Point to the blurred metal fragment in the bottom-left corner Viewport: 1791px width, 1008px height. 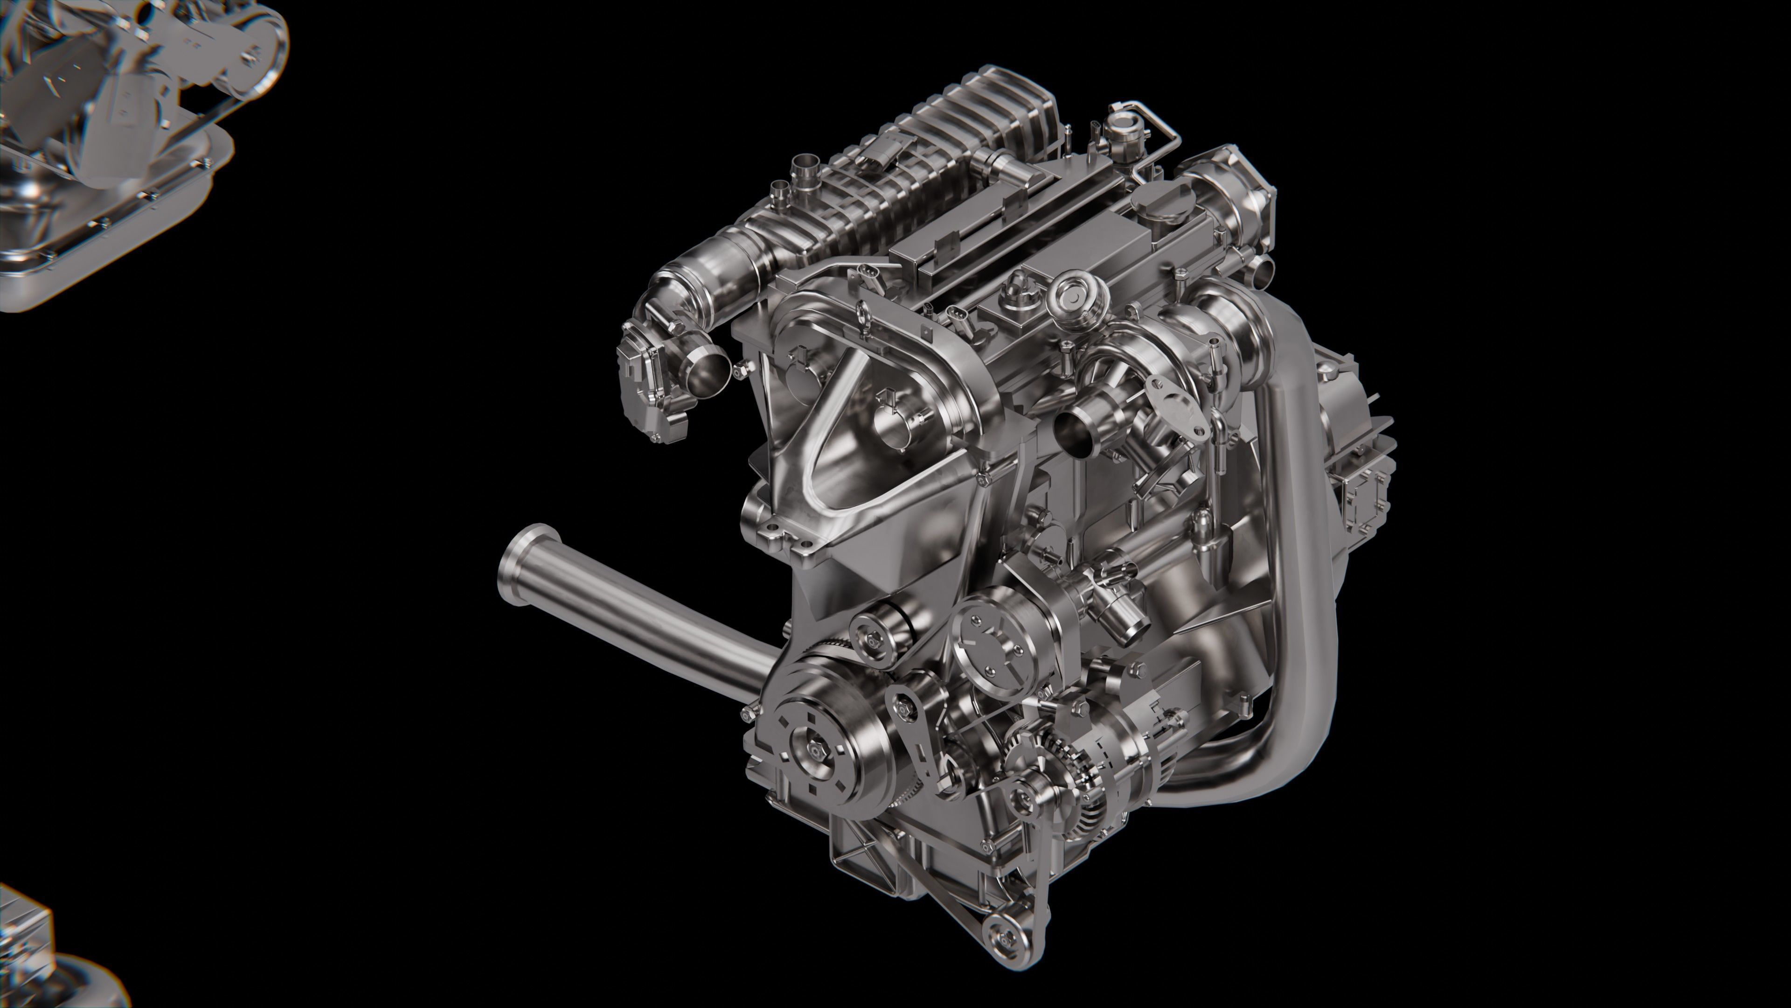pos(42,960)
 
